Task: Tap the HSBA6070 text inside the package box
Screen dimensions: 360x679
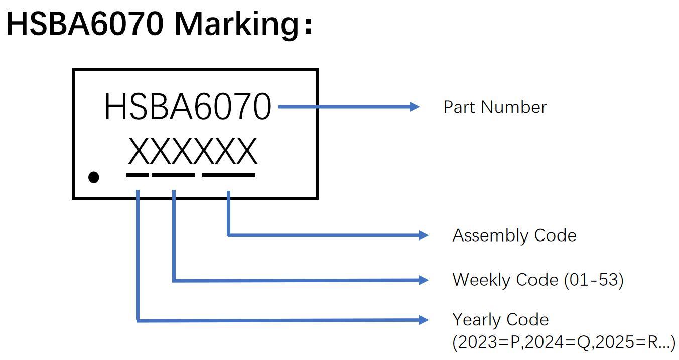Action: point(187,107)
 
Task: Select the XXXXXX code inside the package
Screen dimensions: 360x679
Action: point(193,152)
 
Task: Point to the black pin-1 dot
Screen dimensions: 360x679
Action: point(94,177)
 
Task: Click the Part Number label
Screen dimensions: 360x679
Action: point(494,107)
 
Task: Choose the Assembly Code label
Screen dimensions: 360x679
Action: point(514,235)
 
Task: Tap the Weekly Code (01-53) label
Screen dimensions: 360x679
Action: point(537,280)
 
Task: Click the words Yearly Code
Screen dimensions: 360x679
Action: point(500,320)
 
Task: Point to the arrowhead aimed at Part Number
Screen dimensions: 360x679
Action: point(414,107)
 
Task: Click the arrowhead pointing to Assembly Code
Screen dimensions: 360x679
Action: point(423,235)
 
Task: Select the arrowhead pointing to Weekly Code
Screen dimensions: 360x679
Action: point(423,280)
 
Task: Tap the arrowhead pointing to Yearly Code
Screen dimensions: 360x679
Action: point(423,320)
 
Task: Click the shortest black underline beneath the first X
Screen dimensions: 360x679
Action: point(137,175)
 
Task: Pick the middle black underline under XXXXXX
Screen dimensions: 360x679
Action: point(173,175)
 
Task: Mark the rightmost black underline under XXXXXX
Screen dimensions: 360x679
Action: point(228,175)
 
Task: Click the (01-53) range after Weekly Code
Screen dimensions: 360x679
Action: point(594,280)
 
